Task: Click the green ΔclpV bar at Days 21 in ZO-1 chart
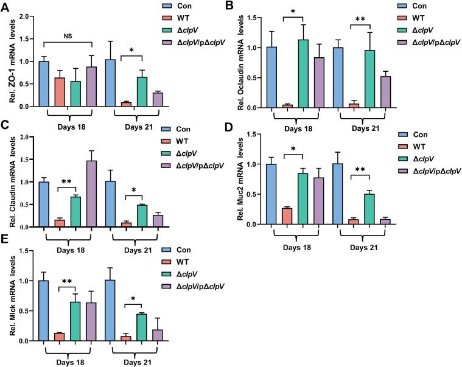click(142, 91)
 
